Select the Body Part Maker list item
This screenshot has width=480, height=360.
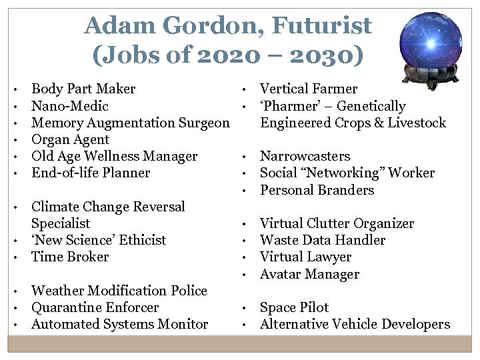pyautogui.click(x=83, y=89)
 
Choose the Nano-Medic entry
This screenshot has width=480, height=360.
pyautogui.click(x=70, y=106)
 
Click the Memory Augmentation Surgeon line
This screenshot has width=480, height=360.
pyautogui.click(x=131, y=123)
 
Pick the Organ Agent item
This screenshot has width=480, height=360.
pyautogui.click(x=70, y=139)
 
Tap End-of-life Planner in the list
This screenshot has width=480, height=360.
pyautogui.click(x=91, y=173)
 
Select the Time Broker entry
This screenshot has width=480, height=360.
pyautogui.click(x=70, y=257)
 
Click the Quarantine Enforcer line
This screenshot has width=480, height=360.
pyautogui.click(x=95, y=307)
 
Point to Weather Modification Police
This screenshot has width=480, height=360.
pyautogui.click(x=119, y=291)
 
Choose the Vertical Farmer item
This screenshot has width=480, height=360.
pyautogui.click(x=308, y=89)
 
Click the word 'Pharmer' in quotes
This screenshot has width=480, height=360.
pyautogui.click(x=287, y=106)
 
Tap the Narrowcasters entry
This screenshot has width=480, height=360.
pyautogui.click(x=305, y=156)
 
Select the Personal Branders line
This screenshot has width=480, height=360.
pyautogui.click(x=317, y=190)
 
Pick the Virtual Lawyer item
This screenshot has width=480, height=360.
pyautogui.click(x=305, y=257)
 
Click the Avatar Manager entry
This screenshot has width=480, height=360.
pyautogui.click(x=309, y=274)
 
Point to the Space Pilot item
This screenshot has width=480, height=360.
pyautogui.click(x=294, y=307)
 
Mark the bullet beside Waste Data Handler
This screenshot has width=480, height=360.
pyautogui.click(x=246, y=241)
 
